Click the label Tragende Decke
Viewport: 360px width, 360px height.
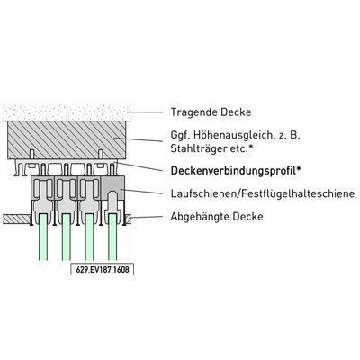[x=211, y=112]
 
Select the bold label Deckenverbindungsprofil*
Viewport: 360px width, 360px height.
[x=236, y=171]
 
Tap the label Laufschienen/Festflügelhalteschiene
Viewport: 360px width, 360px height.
[x=263, y=193]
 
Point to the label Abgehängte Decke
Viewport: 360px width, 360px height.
[x=217, y=216]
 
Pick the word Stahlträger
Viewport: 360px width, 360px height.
[x=199, y=148]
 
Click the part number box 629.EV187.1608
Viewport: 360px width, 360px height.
[x=103, y=269]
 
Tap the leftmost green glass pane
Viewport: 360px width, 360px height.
[x=43, y=237]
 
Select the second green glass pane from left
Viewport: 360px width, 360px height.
[x=67, y=237]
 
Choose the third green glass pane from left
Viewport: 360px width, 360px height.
[x=89, y=237]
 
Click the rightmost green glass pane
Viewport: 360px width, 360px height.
[x=112, y=237]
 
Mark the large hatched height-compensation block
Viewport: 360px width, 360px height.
[x=67, y=139]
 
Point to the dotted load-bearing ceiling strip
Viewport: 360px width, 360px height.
[x=67, y=112]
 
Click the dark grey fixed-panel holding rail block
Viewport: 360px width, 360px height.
[x=112, y=188]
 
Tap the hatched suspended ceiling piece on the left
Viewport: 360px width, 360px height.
[x=16, y=219]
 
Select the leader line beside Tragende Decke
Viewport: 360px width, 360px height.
[x=145, y=112]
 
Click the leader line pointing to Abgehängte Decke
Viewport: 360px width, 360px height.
[x=145, y=217]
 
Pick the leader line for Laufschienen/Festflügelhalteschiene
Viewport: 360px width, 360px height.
[x=141, y=192]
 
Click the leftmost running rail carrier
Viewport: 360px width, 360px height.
[x=43, y=195]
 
